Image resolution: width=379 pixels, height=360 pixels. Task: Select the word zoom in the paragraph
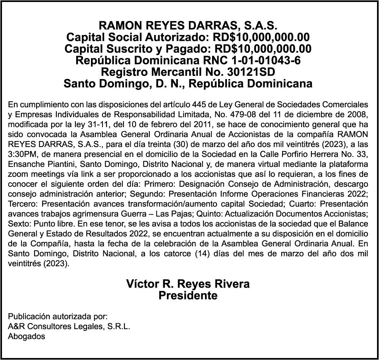tap(17, 174)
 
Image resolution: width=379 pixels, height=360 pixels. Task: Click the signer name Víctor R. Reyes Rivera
tap(188, 284)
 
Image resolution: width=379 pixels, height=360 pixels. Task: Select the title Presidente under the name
tap(188, 296)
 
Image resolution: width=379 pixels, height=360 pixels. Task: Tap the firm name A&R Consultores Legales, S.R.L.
tap(69, 327)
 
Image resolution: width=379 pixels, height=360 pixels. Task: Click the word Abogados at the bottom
tap(27, 337)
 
